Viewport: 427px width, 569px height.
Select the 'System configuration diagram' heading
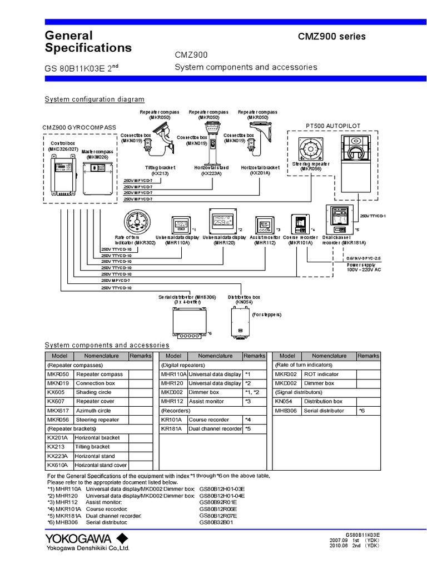94,99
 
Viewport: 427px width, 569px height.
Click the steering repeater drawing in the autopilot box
309,148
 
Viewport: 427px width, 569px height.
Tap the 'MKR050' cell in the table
59,375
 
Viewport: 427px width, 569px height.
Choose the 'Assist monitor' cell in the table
215,401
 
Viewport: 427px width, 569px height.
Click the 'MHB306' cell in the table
286,411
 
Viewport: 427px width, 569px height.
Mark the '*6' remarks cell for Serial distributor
368,411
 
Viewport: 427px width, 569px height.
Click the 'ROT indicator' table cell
329,375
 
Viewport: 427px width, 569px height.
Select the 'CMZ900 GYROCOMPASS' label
79,127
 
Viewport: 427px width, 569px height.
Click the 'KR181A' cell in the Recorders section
172,428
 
